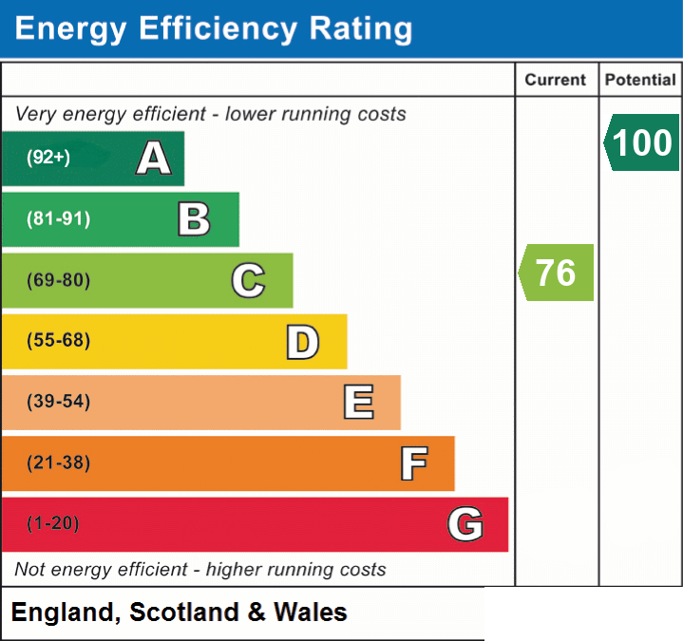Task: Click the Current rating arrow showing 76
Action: [556, 273]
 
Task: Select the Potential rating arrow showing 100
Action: [641, 142]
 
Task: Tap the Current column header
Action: [556, 80]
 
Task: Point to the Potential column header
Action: [640, 80]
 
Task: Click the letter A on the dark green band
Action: [154, 158]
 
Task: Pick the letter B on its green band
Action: [195, 219]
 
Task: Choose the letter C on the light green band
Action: [248, 280]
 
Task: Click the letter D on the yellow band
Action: [303, 342]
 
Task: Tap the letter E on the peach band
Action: [358, 402]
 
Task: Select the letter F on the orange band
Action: [414, 463]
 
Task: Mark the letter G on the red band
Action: [465, 524]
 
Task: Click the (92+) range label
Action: [48, 157]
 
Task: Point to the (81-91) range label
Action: [58, 218]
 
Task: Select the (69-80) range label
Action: [58, 279]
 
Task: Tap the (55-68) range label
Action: [58, 340]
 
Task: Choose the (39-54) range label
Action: [58, 401]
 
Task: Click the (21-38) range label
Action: [58, 462]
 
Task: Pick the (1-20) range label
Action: [53, 522]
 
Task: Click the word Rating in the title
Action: [361, 29]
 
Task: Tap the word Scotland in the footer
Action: [184, 612]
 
